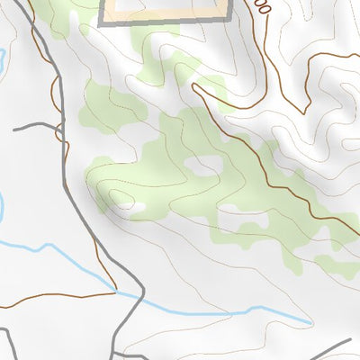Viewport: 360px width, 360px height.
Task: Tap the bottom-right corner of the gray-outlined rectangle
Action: coord(227,22)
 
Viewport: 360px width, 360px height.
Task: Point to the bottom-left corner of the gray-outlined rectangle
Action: coord(100,23)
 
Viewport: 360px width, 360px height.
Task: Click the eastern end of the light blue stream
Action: coord(311,322)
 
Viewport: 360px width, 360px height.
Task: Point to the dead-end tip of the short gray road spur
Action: coord(14,130)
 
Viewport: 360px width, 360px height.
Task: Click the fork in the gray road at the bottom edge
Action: coord(117,353)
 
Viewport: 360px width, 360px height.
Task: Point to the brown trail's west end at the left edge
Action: coord(3,307)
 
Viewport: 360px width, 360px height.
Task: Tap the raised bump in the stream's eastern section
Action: coord(261,309)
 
